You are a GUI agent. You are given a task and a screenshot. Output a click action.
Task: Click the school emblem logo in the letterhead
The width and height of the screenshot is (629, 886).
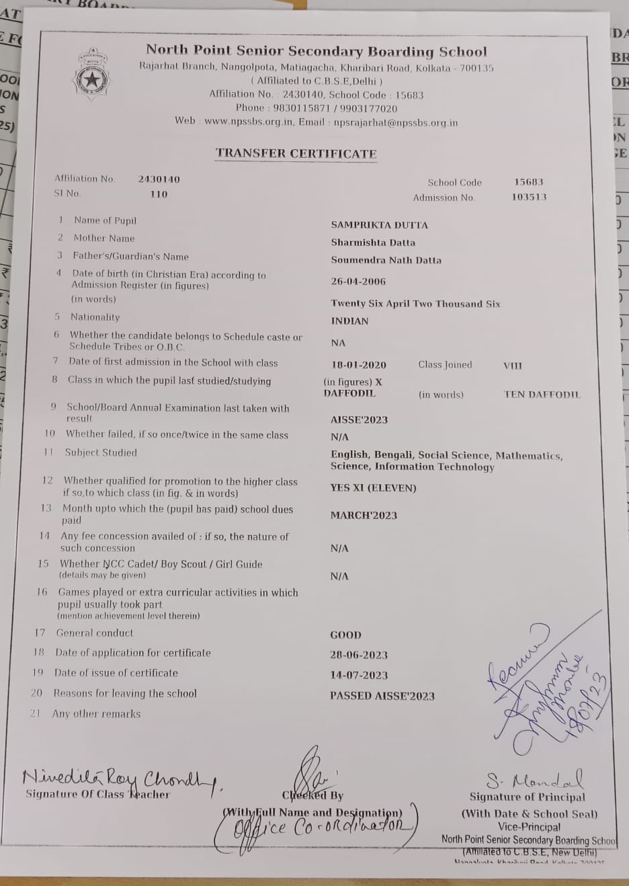tap(89, 78)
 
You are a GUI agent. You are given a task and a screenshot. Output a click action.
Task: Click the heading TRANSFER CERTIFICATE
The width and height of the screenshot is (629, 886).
tap(296, 153)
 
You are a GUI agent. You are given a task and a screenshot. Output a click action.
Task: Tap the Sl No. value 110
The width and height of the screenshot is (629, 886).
tap(159, 194)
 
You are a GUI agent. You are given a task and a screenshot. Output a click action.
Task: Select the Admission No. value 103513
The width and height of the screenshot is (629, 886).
tap(529, 197)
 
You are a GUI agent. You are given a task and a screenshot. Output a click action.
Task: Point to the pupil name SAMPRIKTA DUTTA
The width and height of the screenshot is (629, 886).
tap(379, 225)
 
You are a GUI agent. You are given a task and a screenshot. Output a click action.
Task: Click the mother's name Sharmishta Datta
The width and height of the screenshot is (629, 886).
tap(373, 243)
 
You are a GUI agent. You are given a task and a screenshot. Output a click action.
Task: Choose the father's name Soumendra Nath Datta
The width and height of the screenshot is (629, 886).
tap(386, 260)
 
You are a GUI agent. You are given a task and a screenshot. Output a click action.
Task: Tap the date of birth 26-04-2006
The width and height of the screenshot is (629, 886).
tap(358, 282)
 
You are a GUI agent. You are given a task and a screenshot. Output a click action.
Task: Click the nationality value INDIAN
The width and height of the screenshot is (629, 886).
tap(349, 321)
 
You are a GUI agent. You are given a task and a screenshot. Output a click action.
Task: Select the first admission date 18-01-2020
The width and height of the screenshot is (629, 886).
tap(358, 365)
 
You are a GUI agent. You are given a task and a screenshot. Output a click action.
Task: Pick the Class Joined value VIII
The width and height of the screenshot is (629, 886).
tap(512, 366)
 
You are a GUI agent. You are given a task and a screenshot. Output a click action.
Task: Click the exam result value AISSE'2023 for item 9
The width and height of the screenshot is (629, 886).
tap(359, 419)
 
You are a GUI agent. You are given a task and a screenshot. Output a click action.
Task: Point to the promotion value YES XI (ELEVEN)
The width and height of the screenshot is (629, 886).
tap(373, 488)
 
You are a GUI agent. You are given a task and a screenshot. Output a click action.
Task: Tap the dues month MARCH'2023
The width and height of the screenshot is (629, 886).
tap(364, 516)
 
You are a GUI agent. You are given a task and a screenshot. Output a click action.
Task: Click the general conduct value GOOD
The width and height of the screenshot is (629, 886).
tap(345, 635)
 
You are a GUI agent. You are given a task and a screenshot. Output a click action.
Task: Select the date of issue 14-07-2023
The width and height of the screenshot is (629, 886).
tap(358, 675)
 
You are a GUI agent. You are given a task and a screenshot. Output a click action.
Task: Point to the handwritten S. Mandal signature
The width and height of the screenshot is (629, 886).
tap(534, 780)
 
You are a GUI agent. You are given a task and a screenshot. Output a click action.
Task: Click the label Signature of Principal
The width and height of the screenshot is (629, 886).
tap(527, 797)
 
